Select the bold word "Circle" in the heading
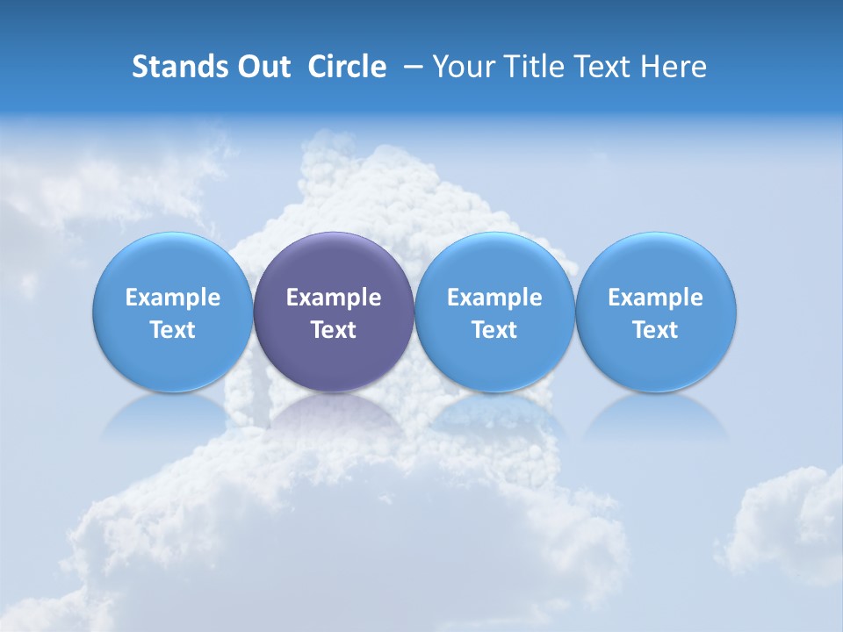[x=347, y=67]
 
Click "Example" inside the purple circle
[x=334, y=298]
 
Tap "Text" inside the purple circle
[x=334, y=330]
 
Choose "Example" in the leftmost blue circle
[x=173, y=298]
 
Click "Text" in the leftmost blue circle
[x=173, y=330]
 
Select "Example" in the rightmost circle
[x=655, y=298]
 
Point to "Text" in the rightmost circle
[x=655, y=330]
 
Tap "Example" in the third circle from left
[x=494, y=298]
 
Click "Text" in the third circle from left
[x=494, y=330]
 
